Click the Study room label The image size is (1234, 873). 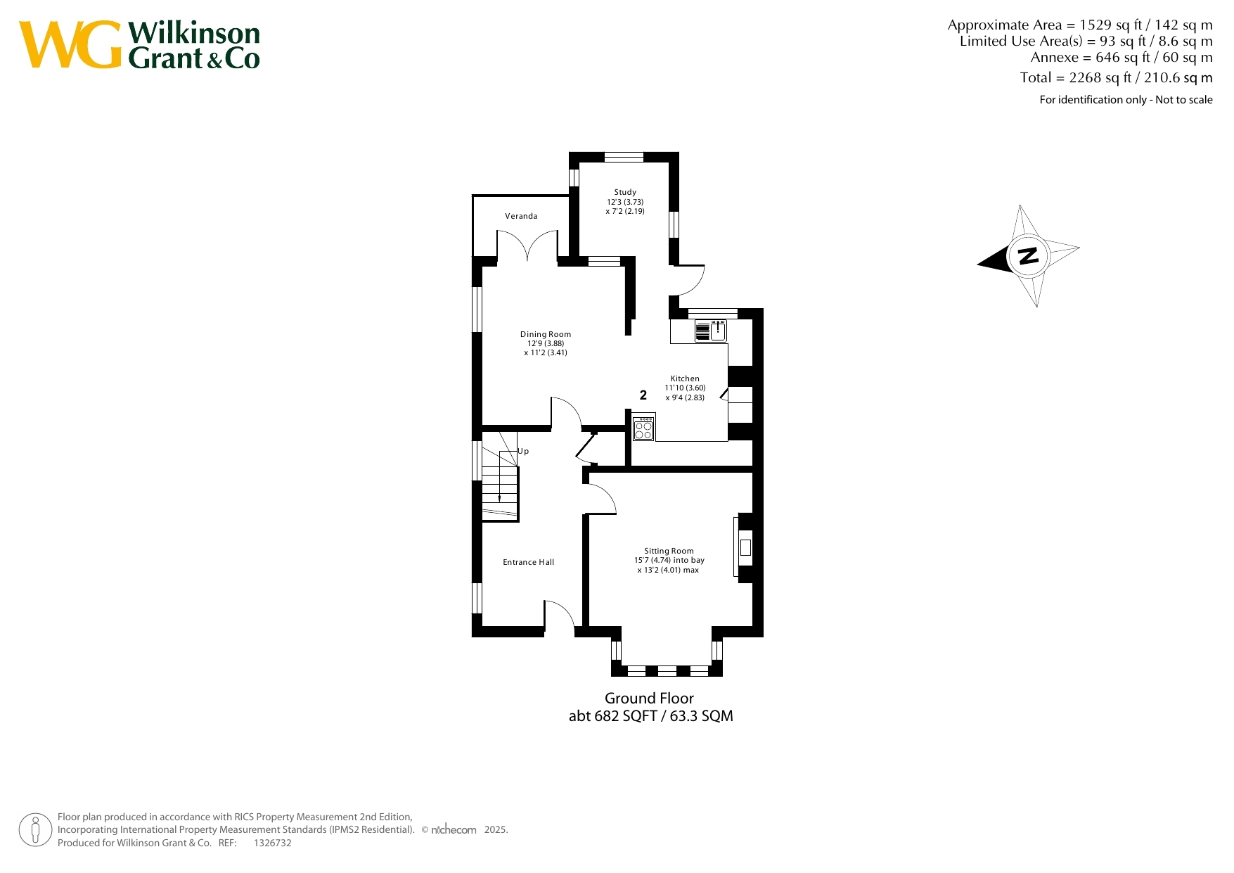point(625,192)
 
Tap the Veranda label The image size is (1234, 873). point(521,216)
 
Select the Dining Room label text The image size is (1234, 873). point(546,334)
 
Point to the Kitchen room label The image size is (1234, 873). point(685,378)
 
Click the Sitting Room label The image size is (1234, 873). point(669,551)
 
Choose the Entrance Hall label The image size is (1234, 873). point(528,562)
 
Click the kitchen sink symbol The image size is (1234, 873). point(710,331)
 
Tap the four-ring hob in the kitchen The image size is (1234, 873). point(643,428)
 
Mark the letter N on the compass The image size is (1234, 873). point(1029,255)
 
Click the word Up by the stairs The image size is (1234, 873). point(523,451)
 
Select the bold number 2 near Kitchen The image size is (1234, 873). point(643,395)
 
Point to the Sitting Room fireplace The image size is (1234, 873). point(744,547)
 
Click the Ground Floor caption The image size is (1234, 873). point(649,699)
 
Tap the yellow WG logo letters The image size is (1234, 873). point(70,44)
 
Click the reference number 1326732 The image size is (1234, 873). point(272,843)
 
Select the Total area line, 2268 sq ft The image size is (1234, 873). point(1116,77)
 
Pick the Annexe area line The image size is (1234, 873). point(1121,58)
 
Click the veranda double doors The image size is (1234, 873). point(528,246)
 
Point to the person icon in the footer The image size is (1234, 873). point(35,830)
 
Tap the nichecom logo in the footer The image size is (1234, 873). point(454,829)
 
